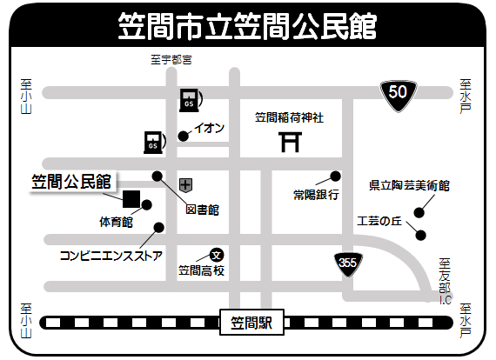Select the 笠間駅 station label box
coord(251,323)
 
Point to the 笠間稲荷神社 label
coord(288,117)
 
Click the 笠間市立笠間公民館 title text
coord(247,26)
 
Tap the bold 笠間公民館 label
coord(71,181)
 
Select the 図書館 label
coord(201,210)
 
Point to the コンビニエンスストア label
coord(111,256)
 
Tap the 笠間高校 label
coord(202,270)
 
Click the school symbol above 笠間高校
coord(217,255)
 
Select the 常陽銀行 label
coord(315,195)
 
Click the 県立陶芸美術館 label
coord(409,185)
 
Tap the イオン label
coord(210,128)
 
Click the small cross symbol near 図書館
coord(185,184)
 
